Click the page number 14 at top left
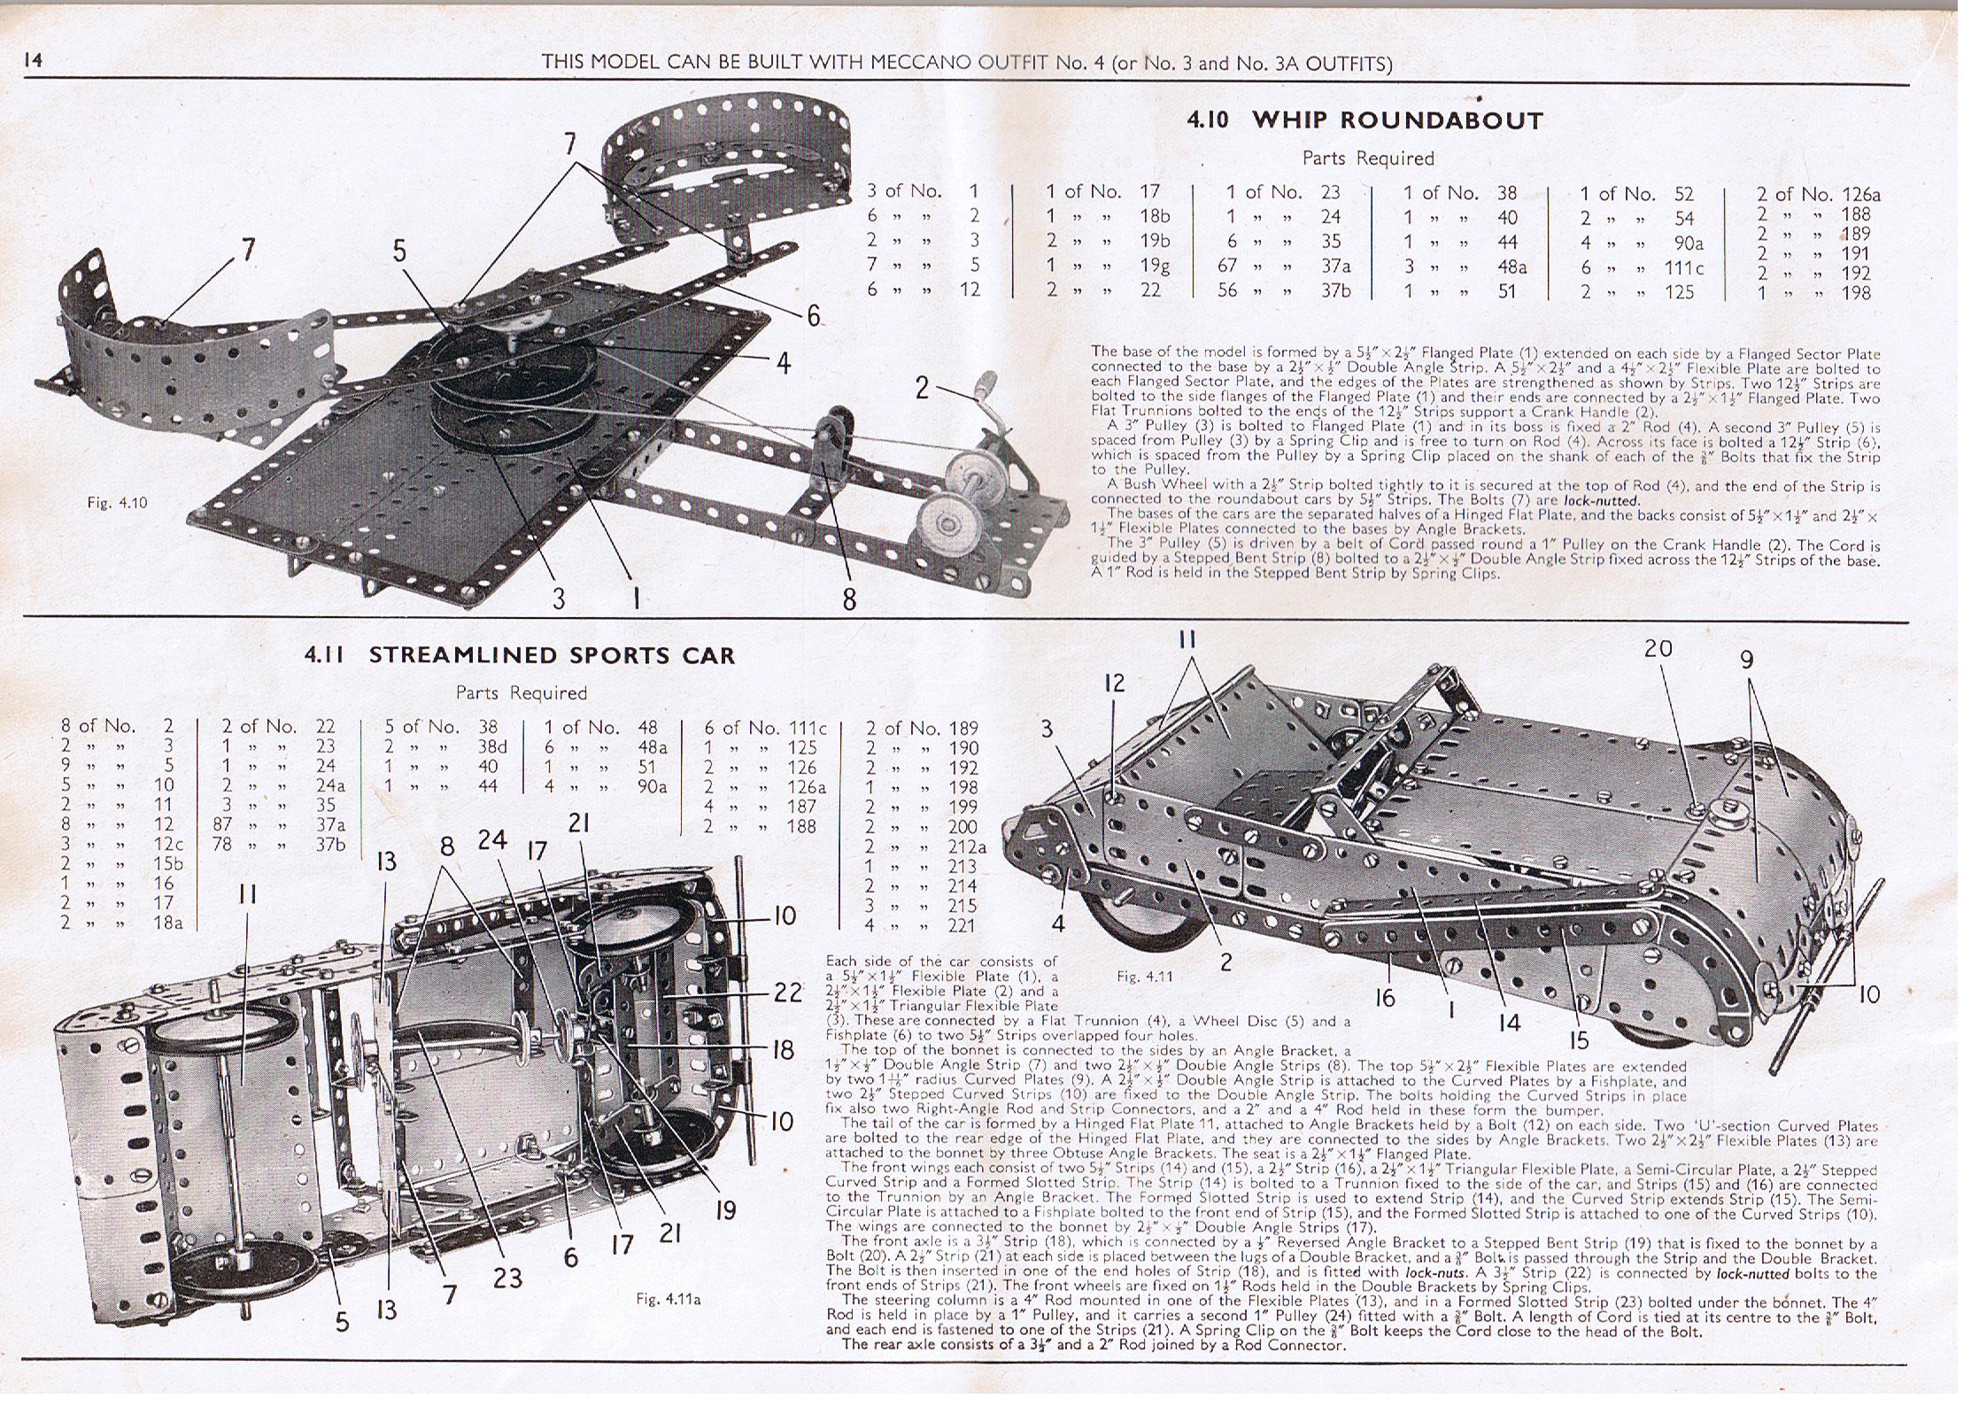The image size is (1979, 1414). pos(34,60)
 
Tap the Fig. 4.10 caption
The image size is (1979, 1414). pos(117,503)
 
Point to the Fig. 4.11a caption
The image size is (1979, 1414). pos(668,1299)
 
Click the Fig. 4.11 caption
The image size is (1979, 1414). pos(1144,977)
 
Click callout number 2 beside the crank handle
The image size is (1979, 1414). pos(922,387)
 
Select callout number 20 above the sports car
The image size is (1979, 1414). pos(1658,649)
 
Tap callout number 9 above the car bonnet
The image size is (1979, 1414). pos(1746,661)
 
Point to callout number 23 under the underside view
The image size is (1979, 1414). pos(507,1278)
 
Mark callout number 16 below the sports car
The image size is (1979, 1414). pos(1385,998)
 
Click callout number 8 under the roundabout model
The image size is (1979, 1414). pos(849,599)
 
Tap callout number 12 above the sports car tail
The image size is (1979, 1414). pos(1114,683)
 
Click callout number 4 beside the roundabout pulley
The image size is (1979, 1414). pos(784,363)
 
